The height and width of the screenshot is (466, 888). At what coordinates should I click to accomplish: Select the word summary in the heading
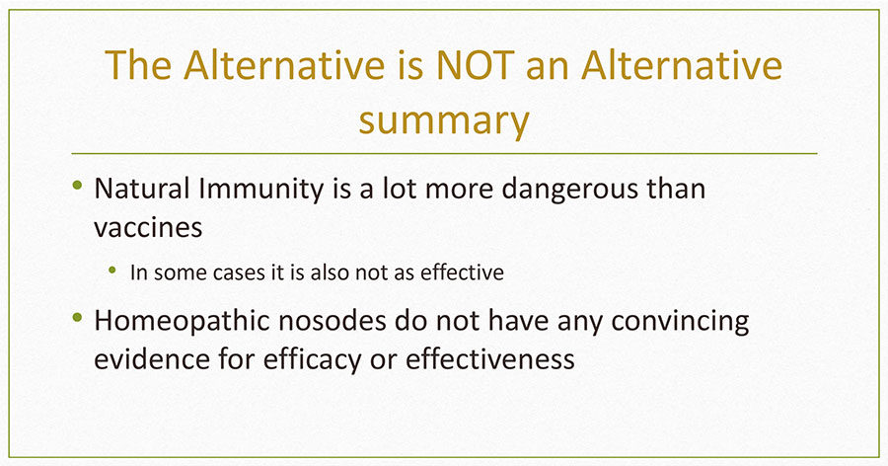point(444,120)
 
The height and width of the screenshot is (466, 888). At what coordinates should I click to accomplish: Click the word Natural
point(141,189)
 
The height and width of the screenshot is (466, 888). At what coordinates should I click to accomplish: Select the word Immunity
point(261,191)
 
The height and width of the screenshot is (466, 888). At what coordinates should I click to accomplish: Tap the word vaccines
point(148,228)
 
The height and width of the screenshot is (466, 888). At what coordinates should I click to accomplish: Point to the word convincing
point(680,323)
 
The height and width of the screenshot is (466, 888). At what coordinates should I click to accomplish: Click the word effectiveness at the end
point(489,358)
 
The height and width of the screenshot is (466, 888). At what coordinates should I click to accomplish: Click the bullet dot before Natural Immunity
point(78,185)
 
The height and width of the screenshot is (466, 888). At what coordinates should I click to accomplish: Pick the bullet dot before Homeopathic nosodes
point(78,317)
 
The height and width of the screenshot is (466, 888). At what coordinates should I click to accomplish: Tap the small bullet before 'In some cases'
point(112,270)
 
